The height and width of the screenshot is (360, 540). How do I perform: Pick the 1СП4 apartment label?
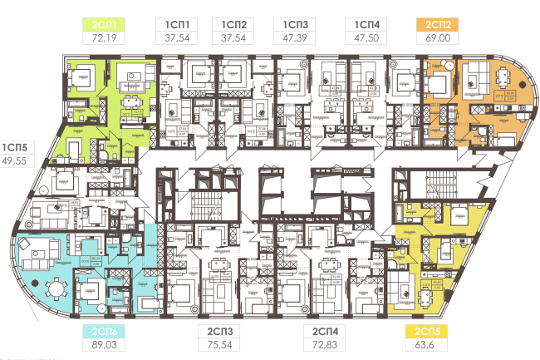366,25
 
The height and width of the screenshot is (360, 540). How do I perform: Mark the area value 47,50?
366,38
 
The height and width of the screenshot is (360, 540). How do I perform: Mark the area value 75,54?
219,344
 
